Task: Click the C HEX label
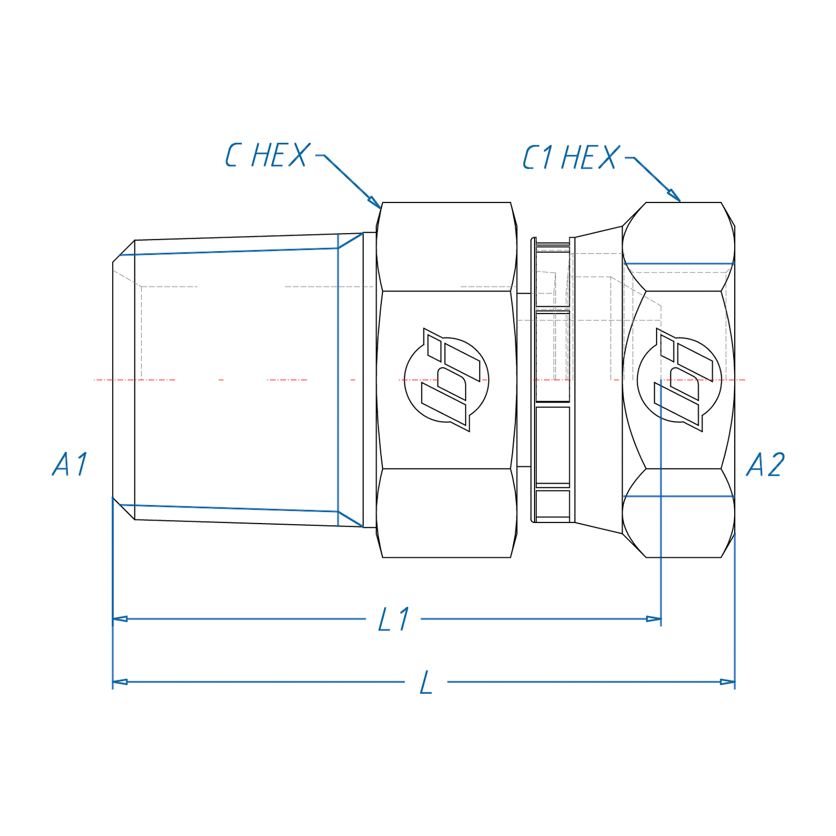point(267,156)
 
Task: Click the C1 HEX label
point(570,158)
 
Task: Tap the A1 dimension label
point(70,465)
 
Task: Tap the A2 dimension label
point(765,465)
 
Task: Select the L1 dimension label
point(393,620)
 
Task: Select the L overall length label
point(426,683)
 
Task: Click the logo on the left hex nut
point(446,380)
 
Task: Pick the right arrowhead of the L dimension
point(727,682)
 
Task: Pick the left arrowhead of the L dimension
point(120,682)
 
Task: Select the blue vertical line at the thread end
point(338,380)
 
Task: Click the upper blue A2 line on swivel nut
point(679,264)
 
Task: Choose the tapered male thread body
point(237,380)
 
